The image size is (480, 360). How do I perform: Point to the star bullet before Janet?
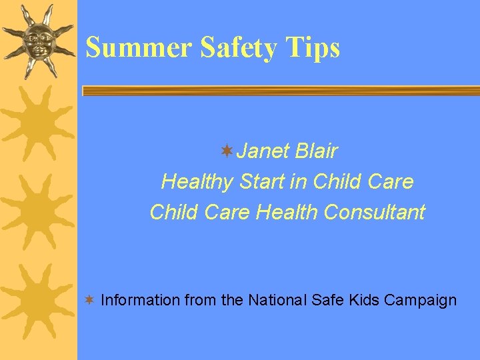point(227,151)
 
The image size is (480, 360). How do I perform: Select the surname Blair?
point(315,152)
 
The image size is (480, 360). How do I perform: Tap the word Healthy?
point(197,181)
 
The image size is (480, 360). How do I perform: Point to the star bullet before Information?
point(88,300)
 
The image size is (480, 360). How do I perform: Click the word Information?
point(140,300)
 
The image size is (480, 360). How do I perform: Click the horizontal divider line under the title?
point(280,90)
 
